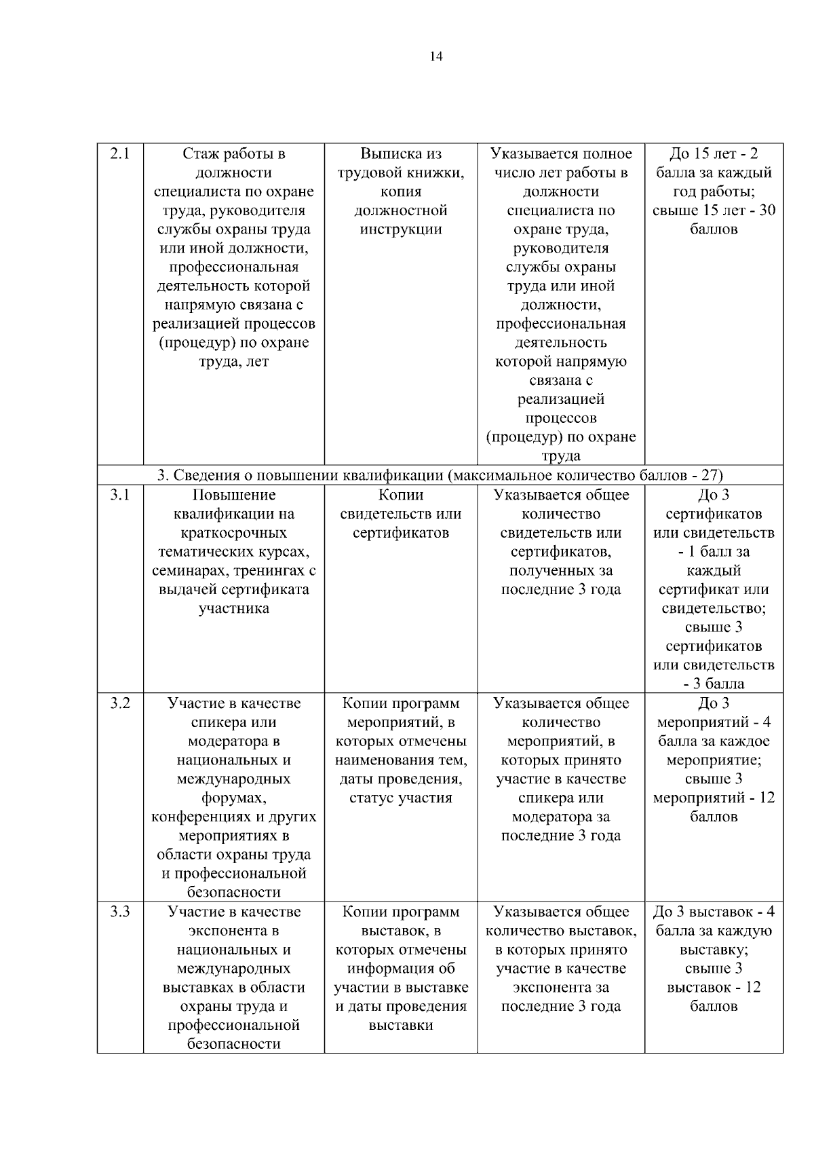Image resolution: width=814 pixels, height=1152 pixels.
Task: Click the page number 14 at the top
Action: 436,57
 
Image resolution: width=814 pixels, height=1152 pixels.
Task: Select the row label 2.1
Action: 120,154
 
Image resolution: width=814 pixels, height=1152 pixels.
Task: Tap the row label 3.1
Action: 120,496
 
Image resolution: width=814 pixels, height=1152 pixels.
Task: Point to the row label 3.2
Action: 120,704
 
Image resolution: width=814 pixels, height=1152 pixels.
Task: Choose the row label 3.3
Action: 120,912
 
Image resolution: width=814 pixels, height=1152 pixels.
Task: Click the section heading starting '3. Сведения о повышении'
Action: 440,475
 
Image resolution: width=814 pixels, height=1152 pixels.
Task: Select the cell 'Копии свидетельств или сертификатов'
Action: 401,514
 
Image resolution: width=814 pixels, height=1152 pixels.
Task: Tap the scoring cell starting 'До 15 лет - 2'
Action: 714,191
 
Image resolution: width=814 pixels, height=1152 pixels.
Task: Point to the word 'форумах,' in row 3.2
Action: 234,798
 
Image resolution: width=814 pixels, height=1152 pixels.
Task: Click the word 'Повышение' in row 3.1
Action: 234,496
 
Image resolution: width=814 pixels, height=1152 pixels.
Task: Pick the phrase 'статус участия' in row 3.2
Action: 401,798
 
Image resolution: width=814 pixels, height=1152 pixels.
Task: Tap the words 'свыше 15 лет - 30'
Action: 714,210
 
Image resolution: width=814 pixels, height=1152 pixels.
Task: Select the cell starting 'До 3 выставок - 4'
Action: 714,959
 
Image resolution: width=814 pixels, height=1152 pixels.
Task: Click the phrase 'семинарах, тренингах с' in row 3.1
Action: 234,571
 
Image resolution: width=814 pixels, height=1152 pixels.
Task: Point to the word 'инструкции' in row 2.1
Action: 401,229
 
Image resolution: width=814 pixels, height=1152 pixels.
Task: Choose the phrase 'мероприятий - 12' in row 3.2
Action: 714,798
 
